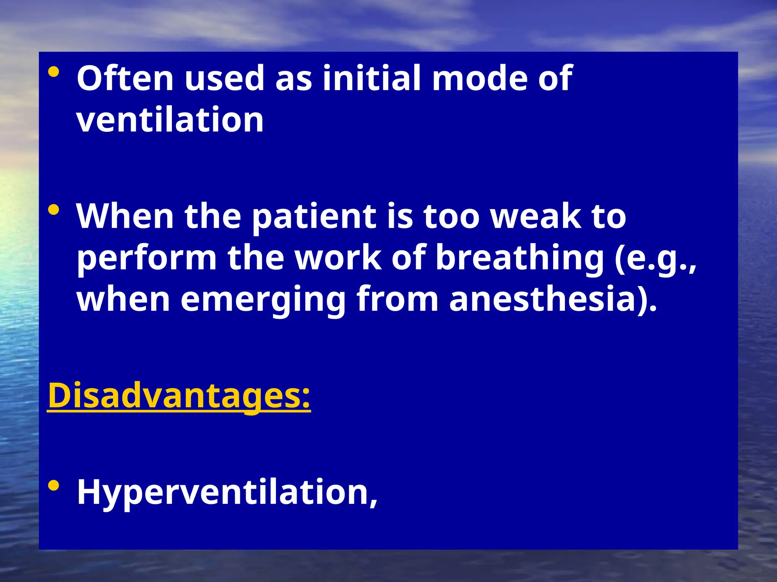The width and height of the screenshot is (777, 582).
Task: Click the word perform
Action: coord(146,259)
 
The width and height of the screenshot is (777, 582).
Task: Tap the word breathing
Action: coord(519,259)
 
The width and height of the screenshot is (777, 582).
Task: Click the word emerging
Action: coord(263,300)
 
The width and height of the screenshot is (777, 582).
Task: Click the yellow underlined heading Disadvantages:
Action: coord(179,396)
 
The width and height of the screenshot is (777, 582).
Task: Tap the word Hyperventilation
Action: coord(227,493)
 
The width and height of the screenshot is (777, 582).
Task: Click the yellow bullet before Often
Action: coord(54,72)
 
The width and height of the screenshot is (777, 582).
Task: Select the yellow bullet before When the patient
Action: coord(54,210)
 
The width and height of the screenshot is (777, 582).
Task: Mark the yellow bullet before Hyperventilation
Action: coord(54,486)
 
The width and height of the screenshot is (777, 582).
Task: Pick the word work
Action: coord(338,258)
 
